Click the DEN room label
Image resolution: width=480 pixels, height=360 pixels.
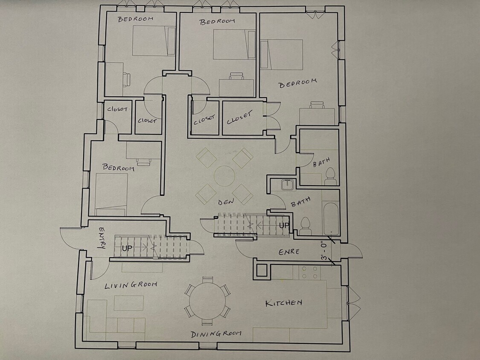(x=226, y=202)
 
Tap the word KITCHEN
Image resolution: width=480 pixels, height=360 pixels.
(x=284, y=303)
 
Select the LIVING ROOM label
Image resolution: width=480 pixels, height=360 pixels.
(x=131, y=285)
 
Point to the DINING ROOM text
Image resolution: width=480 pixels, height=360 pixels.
(x=216, y=334)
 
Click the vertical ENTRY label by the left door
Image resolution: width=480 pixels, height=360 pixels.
(x=102, y=238)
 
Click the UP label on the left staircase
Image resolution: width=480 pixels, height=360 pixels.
(x=127, y=248)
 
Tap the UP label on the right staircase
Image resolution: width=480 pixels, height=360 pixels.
(x=284, y=225)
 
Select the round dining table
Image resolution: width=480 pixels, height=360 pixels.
(x=207, y=301)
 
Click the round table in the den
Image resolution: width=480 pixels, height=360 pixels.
(x=224, y=176)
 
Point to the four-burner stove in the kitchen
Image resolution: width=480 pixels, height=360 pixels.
(x=309, y=273)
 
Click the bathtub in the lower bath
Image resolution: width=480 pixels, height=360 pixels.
(x=331, y=218)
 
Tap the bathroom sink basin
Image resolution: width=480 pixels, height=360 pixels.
(x=287, y=184)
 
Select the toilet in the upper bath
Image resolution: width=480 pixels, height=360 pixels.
(x=330, y=176)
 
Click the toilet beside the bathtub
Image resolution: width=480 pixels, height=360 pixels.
(x=305, y=226)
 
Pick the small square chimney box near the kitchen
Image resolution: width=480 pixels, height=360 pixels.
(x=262, y=270)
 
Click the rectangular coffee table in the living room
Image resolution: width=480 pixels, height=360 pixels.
(x=128, y=303)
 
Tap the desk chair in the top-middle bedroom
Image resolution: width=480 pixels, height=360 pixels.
(x=237, y=76)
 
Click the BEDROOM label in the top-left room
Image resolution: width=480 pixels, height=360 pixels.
(x=136, y=19)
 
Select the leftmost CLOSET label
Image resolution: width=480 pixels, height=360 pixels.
(x=117, y=109)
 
